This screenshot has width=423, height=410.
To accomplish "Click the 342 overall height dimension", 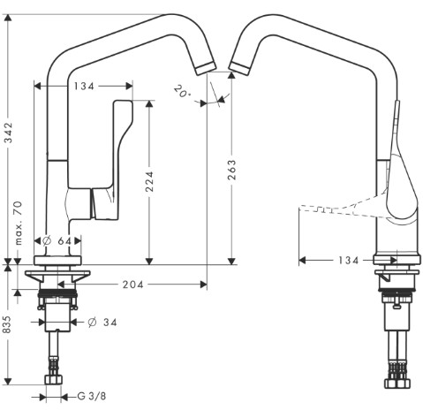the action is click(x=9, y=133).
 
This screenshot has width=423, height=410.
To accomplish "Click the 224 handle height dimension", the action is click(x=149, y=181).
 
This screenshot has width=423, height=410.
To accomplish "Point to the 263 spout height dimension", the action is click(x=231, y=170).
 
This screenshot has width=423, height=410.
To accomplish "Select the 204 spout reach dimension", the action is click(x=133, y=285).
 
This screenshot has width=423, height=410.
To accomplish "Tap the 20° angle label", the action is click(x=182, y=91).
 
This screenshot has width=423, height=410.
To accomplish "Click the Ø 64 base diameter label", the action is click(x=57, y=241).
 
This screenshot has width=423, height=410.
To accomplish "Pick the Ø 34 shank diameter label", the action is click(x=102, y=323).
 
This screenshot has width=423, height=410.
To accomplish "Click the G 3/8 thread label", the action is click(x=92, y=396).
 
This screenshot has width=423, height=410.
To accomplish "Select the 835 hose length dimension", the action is click(x=6, y=324).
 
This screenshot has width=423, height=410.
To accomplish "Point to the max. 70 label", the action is click(x=19, y=223).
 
